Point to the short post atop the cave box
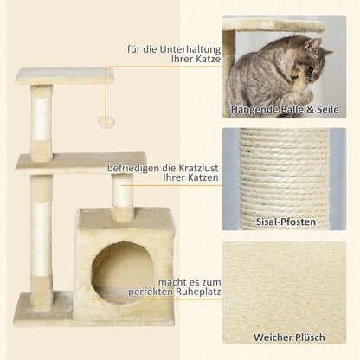point(123,197)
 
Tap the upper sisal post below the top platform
point(42,121)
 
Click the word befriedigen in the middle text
point(136,168)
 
